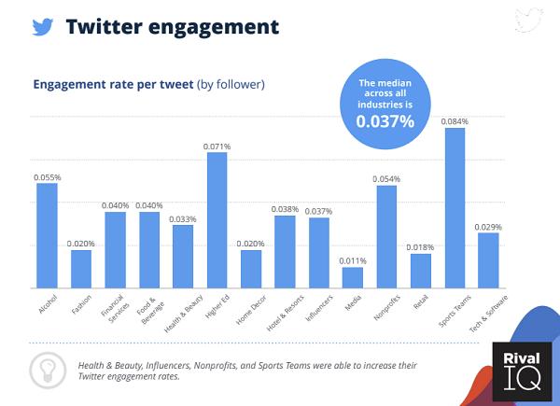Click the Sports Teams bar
(455, 207)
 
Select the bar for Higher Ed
(217, 219)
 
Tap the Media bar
(352, 277)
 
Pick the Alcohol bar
(47, 235)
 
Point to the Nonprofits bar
(386, 236)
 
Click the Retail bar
(421, 270)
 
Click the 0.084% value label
(455, 121)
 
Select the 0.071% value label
(217, 146)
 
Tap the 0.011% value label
(353, 260)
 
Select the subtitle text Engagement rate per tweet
(113, 84)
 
